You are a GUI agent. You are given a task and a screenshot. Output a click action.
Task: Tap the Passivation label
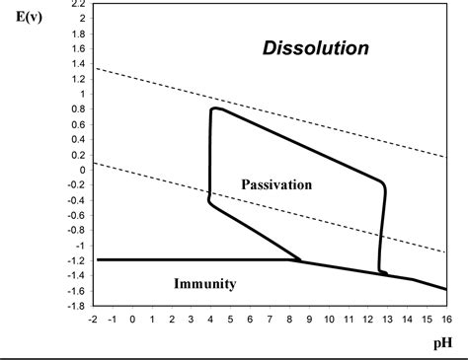point(276,184)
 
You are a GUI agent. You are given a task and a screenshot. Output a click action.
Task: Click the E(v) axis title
point(24,20)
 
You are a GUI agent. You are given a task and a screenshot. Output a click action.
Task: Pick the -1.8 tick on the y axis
point(75,306)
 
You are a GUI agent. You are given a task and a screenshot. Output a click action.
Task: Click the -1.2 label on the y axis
point(75,260)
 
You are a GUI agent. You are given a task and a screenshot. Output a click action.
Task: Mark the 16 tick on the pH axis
point(446,319)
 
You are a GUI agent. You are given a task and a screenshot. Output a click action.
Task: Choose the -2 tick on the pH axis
point(92,319)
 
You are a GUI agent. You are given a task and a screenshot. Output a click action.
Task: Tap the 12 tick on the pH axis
point(368,319)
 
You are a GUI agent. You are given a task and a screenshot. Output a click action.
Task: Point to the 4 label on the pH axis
point(211,319)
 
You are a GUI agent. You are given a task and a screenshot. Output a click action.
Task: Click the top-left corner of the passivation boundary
point(213,108)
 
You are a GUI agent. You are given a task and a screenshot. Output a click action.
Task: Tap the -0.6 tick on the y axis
point(75,215)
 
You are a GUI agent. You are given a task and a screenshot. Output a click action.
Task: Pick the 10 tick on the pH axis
point(329,319)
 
